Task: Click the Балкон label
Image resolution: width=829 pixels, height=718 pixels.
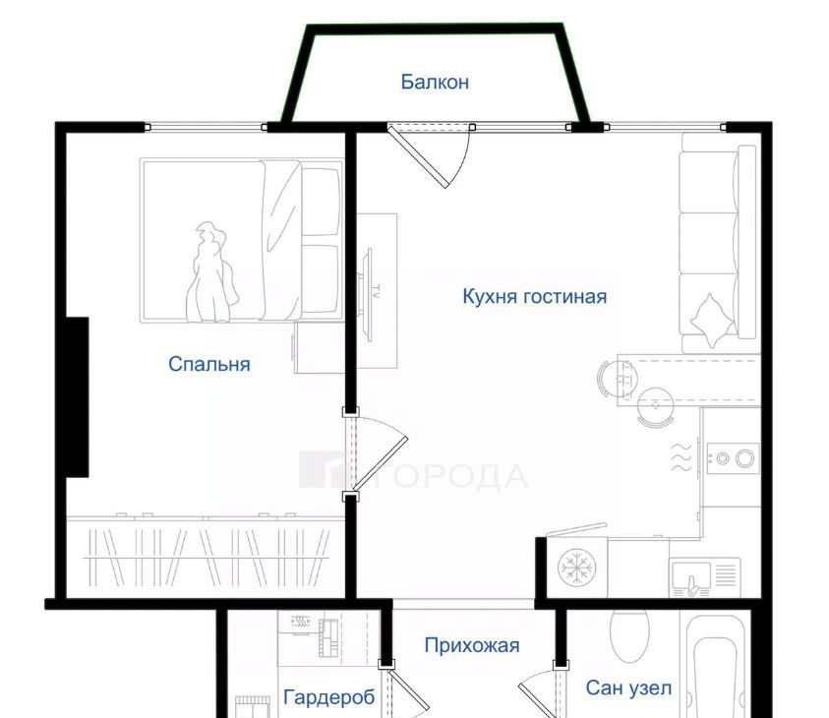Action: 435,83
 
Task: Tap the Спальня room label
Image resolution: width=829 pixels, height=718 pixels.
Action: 209,364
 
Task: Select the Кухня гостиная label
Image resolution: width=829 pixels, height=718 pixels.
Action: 535,297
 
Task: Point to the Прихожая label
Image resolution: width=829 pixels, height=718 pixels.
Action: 472,645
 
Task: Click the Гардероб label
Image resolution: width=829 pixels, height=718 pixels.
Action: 329,697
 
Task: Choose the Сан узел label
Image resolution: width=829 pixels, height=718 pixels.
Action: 628,688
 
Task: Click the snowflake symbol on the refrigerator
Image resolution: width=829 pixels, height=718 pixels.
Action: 577,568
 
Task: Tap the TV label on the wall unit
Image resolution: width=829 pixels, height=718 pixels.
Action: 376,292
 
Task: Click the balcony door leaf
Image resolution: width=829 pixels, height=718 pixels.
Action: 418,156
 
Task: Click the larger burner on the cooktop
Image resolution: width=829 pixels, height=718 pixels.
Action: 745,458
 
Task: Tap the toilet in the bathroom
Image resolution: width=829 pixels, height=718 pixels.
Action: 628,635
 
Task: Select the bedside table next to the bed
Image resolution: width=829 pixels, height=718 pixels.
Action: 320,348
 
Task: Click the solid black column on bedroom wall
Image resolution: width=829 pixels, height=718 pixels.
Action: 77,397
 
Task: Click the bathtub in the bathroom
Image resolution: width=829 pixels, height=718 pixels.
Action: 715,666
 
